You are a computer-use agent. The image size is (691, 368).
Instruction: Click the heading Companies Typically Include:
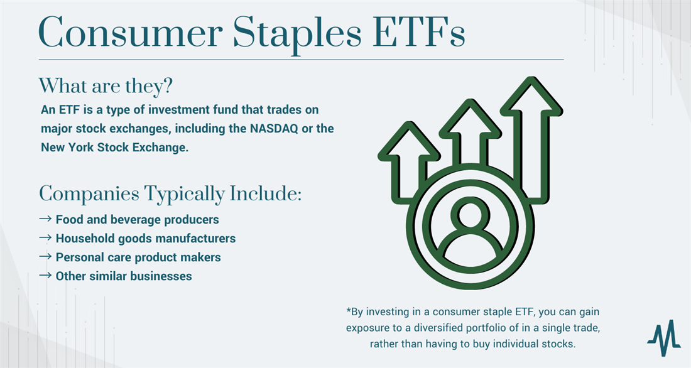[170, 193]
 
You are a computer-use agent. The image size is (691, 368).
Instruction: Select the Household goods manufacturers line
[145, 238]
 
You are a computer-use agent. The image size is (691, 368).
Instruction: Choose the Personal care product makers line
[138, 257]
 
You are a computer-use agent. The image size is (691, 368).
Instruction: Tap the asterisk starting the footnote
[348, 312]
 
